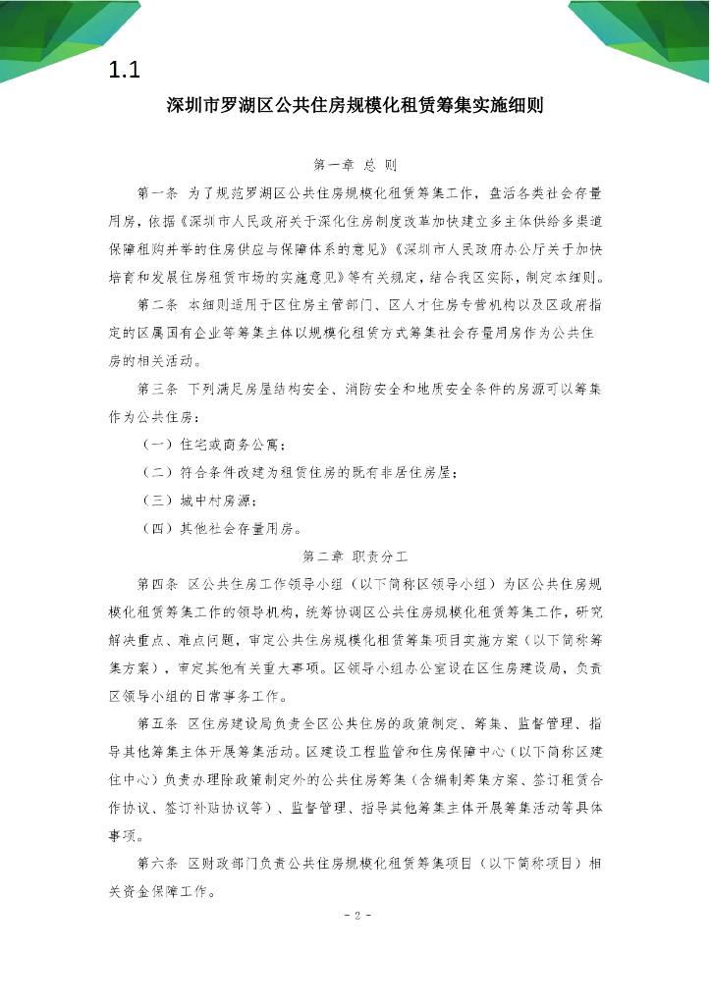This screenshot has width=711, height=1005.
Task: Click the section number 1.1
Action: click(127, 71)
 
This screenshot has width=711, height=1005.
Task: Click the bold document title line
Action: click(355, 106)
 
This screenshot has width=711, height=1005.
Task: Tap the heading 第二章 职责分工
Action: click(355, 555)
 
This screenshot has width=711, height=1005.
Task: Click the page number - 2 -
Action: click(355, 917)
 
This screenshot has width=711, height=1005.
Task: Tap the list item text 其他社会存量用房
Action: click(236, 529)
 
